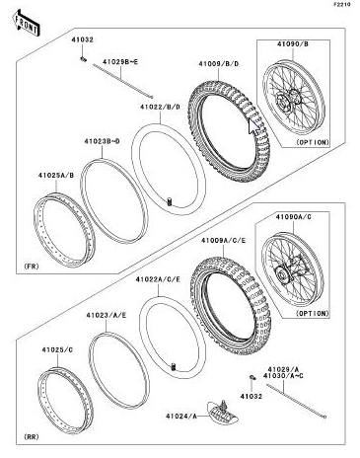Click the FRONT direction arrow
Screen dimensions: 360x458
tap(27, 23)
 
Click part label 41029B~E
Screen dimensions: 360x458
tap(120, 61)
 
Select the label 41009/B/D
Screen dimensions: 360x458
tap(218, 63)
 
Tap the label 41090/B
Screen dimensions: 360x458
tap(293, 43)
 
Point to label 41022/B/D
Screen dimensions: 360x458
tap(160, 107)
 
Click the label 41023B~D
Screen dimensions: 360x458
tap(102, 141)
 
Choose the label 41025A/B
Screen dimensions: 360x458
tap(56, 175)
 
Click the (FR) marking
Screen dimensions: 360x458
tap(32, 267)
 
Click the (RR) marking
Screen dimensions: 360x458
tap(32, 437)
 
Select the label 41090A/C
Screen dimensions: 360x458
tap(293, 217)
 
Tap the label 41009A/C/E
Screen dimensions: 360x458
tap(224, 241)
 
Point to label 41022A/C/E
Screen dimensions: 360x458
tap(158, 279)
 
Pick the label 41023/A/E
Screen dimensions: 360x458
tap(107, 315)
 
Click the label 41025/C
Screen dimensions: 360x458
tap(57, 349)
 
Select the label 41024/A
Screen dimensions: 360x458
tap(181, 417)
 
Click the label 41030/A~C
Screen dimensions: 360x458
tap(283, 375)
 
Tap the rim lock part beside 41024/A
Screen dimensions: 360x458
tap(223, 411)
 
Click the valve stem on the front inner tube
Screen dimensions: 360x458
tap(170, 201)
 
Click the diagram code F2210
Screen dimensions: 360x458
tap(342, 4)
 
